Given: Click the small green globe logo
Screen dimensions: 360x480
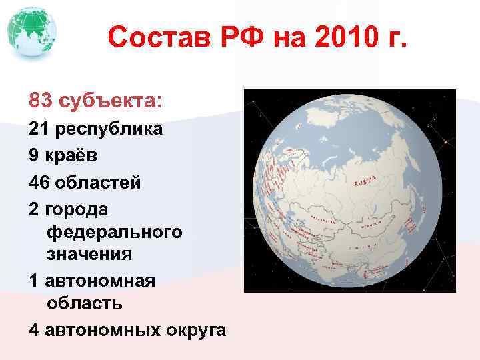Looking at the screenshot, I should [x=31, y=32].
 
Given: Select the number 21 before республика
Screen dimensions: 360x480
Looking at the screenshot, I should [x=39, y=129].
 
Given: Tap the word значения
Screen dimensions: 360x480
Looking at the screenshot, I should [x=89, y=254].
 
